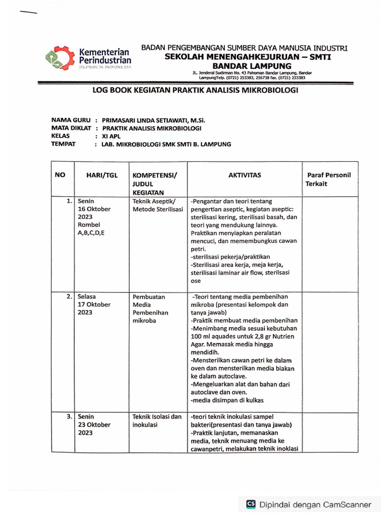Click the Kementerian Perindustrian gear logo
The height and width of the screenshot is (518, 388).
click(60, 59)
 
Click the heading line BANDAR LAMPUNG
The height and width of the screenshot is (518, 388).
click(251, 66)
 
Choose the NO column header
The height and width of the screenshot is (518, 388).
click(60, 175)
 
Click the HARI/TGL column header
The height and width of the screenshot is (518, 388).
click(102, 175)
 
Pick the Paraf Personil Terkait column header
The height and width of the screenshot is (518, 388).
click(328, 179)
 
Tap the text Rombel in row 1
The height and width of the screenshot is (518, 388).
click(89, 225)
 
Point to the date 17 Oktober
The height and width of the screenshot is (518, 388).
click(94, 305)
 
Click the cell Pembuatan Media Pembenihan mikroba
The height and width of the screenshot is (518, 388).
click(151, 309)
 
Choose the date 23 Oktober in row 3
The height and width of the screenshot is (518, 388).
click(94, 425)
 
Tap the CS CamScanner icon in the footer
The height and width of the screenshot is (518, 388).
click(251, 504)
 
